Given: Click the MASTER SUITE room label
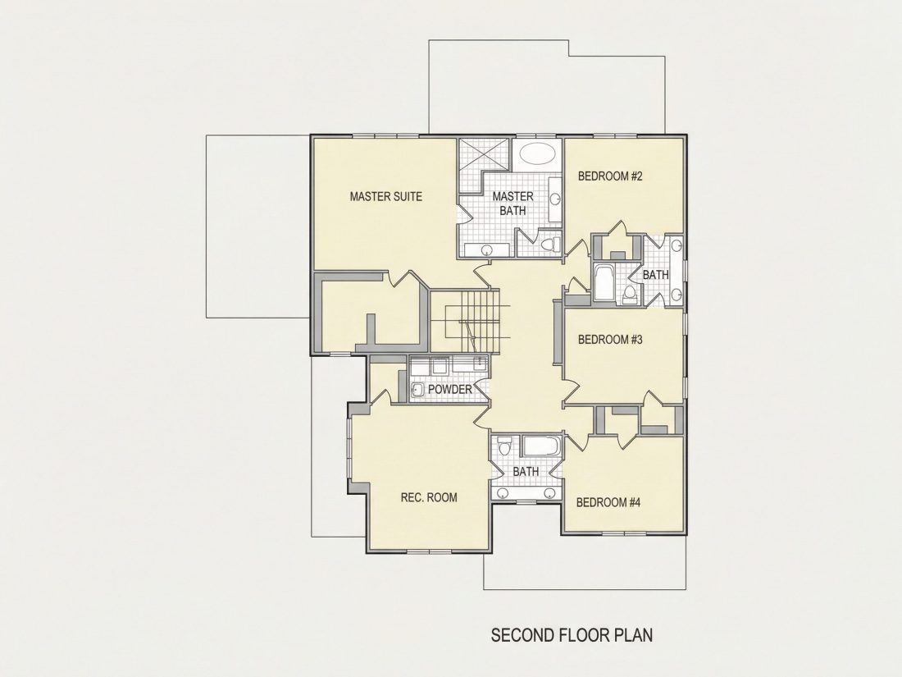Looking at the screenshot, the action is tap(386, 197).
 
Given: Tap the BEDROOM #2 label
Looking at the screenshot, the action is tap(610, 176).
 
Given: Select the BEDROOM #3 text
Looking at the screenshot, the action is tap(610, 340).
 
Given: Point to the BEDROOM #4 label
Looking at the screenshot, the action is tap(608, 502).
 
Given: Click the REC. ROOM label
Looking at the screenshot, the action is tap(429, 497).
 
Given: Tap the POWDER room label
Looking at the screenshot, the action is tap(450, 390).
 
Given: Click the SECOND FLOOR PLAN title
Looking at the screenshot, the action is tap(572, 635).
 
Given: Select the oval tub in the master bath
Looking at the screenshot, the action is tap(537, 153).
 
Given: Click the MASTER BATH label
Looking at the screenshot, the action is tap(512, 204).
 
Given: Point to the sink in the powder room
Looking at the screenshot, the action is tap(417, 391).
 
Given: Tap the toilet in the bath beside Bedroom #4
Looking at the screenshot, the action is tap(505, 446).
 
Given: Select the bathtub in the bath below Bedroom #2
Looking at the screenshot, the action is tap(604, 282).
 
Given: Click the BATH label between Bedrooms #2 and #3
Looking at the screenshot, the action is tap(656, 275).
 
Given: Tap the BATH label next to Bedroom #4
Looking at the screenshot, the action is tap(526, 472).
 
